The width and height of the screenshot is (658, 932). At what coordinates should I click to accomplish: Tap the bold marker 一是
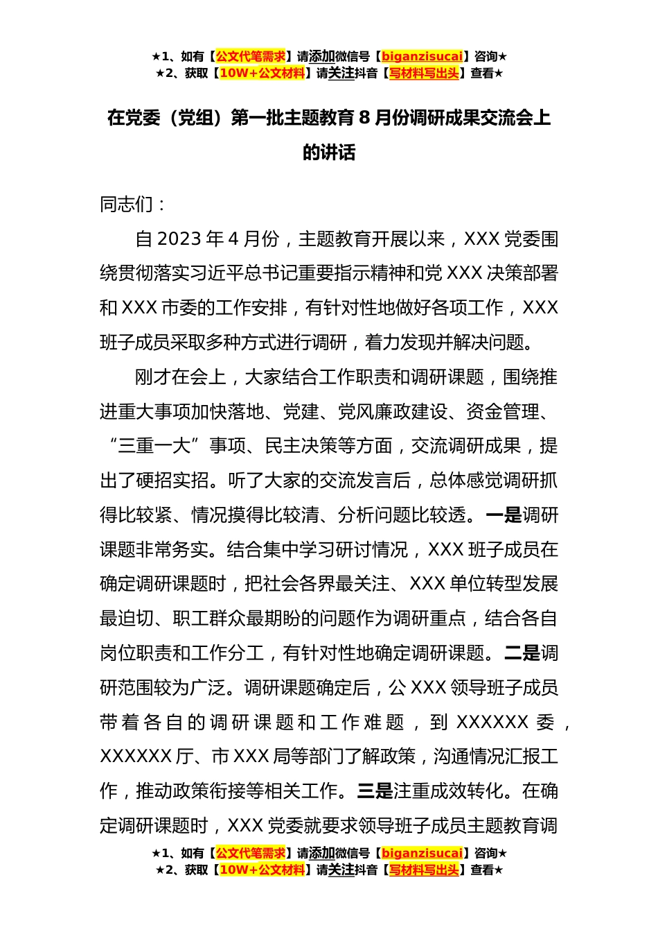tap(504, 515)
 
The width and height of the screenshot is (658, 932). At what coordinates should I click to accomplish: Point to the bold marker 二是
tap(522, 653)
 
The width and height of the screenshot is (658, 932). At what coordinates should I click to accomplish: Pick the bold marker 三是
tap(375, 791)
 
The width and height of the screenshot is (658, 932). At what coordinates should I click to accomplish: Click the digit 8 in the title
tap(364, 118)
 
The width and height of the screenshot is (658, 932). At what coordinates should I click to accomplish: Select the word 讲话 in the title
tap(338, 153)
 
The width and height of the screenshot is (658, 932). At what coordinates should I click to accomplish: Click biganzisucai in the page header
tap(422, 57)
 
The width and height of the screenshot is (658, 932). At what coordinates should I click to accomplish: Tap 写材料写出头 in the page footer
tap(423, 870)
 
